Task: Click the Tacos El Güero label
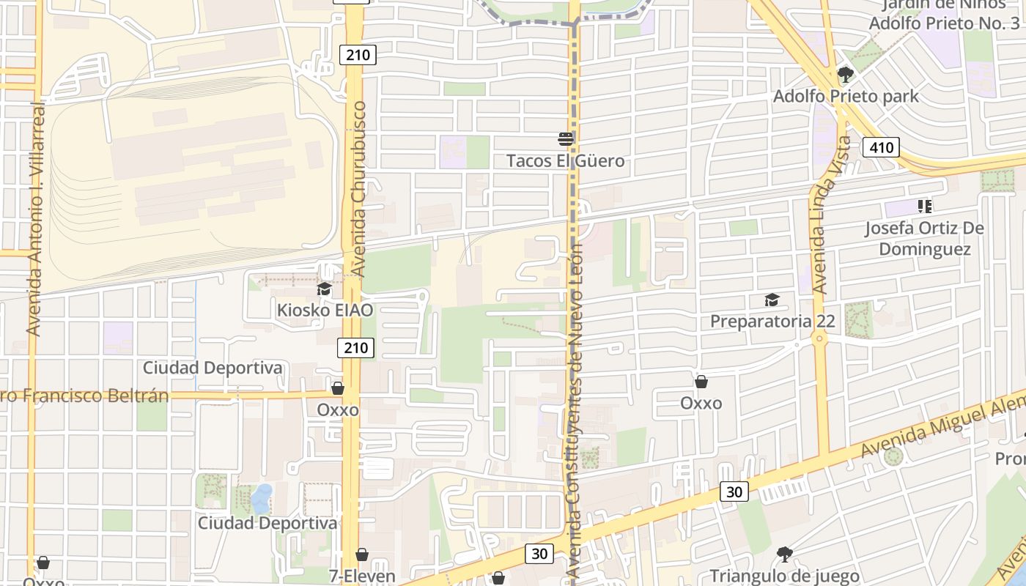[x=566, y=160]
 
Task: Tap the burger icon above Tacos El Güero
[x=566, y=138]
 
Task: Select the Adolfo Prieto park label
[x=846, y=96]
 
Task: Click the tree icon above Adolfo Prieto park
[x=845, y=74]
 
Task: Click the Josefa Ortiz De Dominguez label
[x=924, y=238]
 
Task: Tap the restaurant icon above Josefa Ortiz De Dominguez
[x=924, y=207]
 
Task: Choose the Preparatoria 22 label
[x=772, y=321]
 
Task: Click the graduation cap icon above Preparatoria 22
[x=772, y=300]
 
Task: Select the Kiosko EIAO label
[x=325, y=310]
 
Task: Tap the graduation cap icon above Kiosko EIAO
[x=324, y=289]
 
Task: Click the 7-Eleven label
[x=362, y=576]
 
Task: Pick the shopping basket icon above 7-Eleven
[x=361, y=555]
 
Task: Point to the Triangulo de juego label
[x=784, y=576]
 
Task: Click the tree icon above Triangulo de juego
[x=784, y=554]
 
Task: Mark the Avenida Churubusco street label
[x=359, y=189]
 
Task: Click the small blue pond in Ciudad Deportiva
[x=262, y=498]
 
